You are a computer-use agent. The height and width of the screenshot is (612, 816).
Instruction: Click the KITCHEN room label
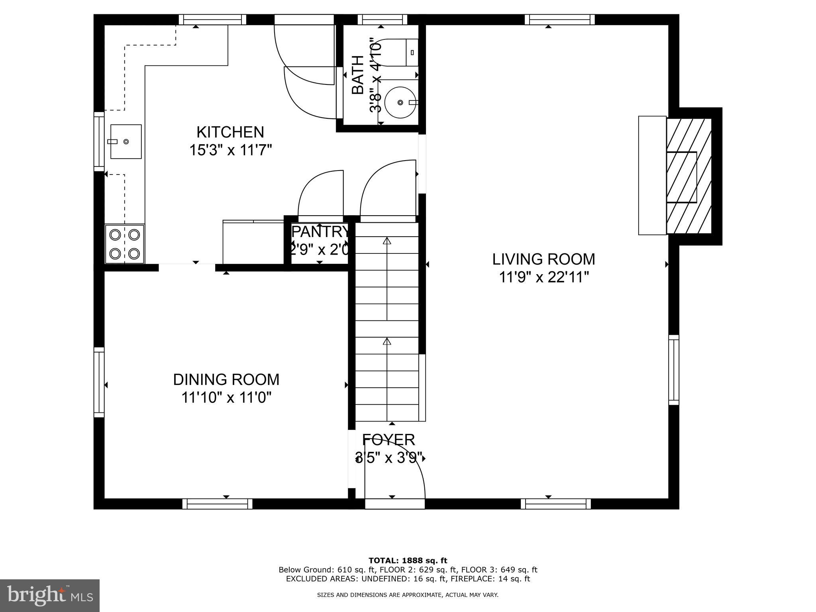coord(230,132)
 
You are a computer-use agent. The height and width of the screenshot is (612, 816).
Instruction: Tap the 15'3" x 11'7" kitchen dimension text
coord(230,150)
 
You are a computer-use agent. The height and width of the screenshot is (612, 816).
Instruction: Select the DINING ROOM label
coord(226,379)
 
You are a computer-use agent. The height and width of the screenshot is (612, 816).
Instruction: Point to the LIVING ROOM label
coord(543,259)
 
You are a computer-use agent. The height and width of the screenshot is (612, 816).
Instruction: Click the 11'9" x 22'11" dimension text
coord(543,277)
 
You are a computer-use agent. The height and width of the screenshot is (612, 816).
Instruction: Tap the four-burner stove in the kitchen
coord(125,244)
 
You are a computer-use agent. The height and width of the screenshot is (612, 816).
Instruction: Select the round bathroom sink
coord(400,102)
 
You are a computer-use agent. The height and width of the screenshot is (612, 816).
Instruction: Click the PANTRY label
coord(320,231)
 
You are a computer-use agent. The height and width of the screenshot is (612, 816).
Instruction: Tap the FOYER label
coord(388,440)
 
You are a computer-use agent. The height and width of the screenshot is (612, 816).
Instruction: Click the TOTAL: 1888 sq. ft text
coord(408,561)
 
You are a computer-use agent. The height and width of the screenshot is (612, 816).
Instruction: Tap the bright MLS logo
coord(49,595)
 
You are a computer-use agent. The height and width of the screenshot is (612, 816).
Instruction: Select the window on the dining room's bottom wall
coord(218,504)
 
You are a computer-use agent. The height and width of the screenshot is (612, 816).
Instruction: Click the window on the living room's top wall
coord(559,20)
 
